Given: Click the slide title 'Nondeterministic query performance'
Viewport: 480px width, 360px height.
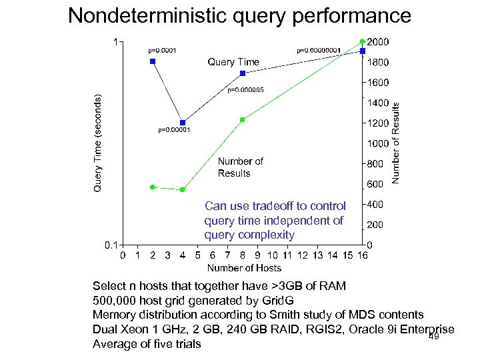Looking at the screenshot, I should click(x=240, y=15).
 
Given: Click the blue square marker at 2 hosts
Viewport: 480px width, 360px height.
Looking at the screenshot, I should click(x=153, y=61).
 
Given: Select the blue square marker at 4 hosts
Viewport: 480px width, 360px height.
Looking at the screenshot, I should click(x=183, y=123).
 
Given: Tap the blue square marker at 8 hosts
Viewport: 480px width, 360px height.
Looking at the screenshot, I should click(x=243, y=73).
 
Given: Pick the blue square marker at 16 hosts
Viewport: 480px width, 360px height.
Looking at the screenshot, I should click(x=363, y=51).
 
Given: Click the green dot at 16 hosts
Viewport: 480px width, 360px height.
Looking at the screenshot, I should click(x=363, y=41).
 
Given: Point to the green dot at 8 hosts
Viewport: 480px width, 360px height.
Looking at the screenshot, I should click(x=243, y=120).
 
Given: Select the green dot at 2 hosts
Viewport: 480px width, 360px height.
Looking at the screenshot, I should click(x=153, y=187).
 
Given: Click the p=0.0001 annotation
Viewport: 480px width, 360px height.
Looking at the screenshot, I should click(x=161, y=50).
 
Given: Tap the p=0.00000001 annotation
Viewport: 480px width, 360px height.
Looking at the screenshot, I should click(x=319, y=50).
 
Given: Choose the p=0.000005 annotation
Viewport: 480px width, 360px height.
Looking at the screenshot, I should click(x=246, y=89).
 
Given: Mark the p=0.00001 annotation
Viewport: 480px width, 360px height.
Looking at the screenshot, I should click(x=174, y=130).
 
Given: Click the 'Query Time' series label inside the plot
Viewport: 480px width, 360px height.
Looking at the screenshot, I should click(x=233, y=62).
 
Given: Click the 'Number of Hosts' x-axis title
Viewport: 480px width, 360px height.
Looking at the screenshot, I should click(x=244, y=268).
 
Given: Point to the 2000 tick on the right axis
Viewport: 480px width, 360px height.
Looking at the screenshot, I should click(x=379, y=42).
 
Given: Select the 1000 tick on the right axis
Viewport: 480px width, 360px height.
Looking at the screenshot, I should click(x=379, y=143).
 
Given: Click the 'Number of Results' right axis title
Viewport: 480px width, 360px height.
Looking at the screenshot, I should click(x=396, y=143).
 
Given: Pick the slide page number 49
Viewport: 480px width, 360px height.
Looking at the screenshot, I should click(x=433, y=337).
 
